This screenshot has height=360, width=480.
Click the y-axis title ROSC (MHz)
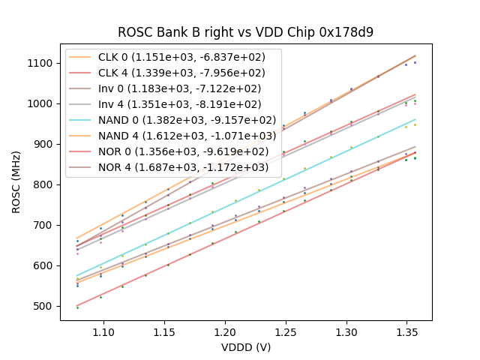[x=16, y=184]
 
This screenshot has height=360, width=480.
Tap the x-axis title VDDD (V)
[x=246, y=347]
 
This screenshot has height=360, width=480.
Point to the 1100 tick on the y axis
[x=42, y=63]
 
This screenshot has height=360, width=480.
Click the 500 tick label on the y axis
[x=45, y=306]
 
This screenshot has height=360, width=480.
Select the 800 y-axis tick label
[x=45, y=184]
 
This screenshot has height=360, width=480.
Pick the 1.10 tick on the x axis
[x=103, y=331]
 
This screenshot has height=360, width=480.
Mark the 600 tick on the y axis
[x=45, y=265]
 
